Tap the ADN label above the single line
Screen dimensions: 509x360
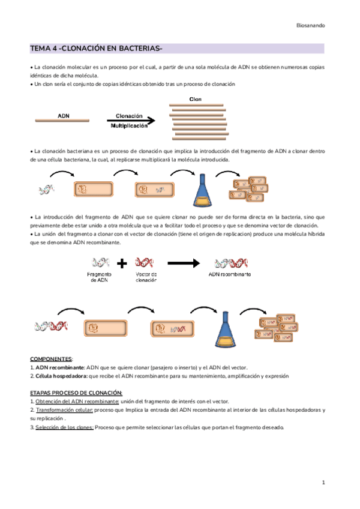coord(63,113)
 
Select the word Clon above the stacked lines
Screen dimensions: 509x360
coord(196,99)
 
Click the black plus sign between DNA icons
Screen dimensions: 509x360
coord(122,264)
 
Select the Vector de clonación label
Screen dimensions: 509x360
coord(146,277)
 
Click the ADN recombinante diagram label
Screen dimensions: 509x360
coord(229,274)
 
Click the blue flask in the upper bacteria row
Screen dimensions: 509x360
coord(199,191)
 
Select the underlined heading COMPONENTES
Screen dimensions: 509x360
coord(50,358)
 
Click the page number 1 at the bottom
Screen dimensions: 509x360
coord(323,483)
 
